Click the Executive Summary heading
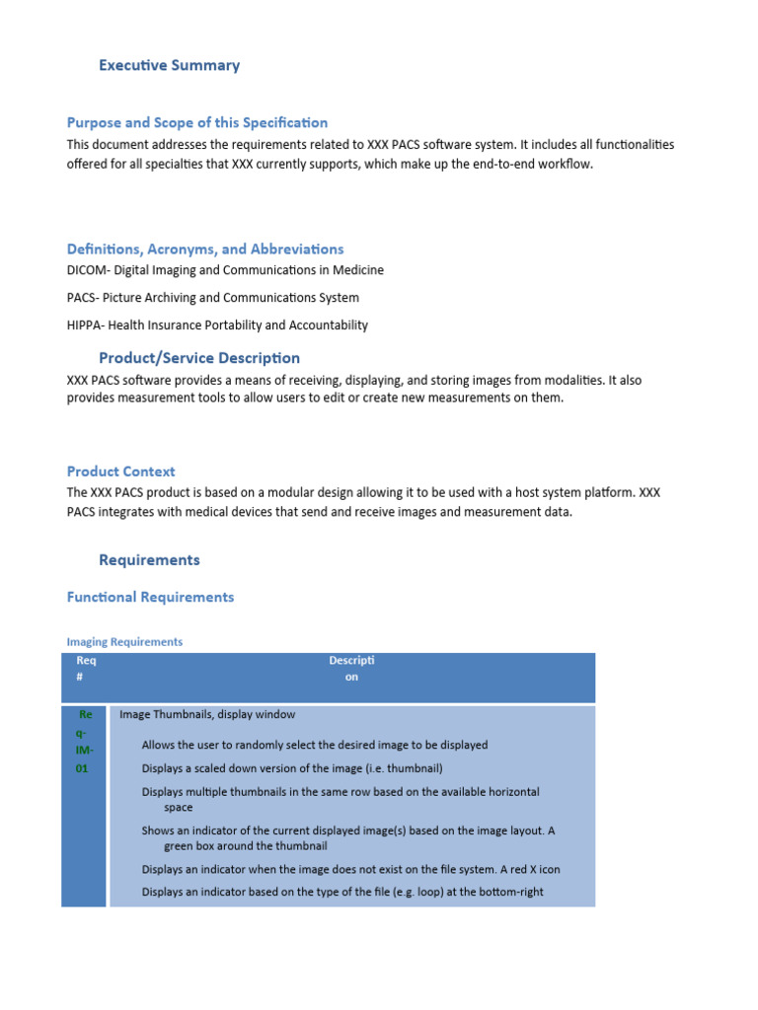coord(169,66)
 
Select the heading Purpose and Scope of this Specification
coord(196,123)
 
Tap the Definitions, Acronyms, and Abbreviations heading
coord(205,250)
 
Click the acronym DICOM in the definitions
coord(87,270)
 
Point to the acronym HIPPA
coord(85,325)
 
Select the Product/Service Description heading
coord(199,358)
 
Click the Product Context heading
coord(120,471)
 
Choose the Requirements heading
coord(149,560)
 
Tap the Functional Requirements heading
coord(150,597)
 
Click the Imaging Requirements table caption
coord(124,642)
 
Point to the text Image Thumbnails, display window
coord(207,714)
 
